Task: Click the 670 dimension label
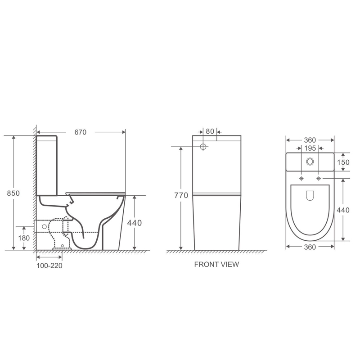click(81, 132)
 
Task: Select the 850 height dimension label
click(13, 193)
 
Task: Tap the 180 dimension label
click(24, 238)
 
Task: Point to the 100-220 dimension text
click(49, 265)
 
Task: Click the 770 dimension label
click(181, 195)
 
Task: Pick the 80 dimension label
click(210, 131)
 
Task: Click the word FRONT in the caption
click(205, 265)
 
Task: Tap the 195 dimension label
click(310, 148)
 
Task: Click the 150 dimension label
click(343, 162)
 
